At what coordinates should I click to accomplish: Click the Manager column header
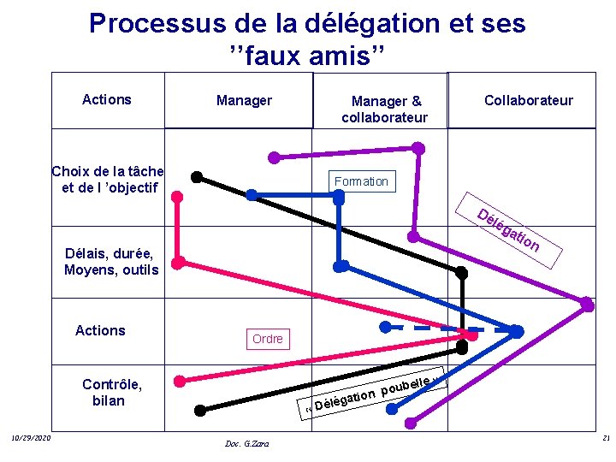pos(244,101)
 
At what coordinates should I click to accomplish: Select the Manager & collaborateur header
pos(385,110)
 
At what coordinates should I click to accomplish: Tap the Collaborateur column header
pos(528,101)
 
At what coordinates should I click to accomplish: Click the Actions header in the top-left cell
pos(107,99)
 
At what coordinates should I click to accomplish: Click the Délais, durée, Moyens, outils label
pos(111,262)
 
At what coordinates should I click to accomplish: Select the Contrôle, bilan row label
pos(111,392)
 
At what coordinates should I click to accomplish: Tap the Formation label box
pos(361,181)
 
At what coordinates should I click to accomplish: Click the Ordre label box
pos(267,339)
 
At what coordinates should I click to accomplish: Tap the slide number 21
pos(605,439)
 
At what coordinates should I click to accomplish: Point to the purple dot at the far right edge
pos(587,304)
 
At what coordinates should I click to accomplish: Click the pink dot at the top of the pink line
pos(177,195)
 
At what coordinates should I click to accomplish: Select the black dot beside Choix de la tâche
pos(197,177)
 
